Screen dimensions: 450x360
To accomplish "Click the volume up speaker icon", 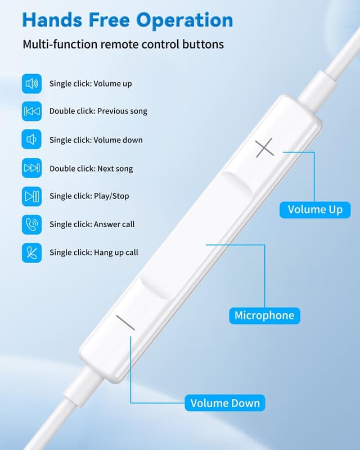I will point(31,84).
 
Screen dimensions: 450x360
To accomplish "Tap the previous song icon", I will point(31,111).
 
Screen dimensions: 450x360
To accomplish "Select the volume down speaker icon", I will point(31,139).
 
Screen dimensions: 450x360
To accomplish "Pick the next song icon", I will point(31,168).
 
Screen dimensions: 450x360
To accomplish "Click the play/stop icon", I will point(31,196).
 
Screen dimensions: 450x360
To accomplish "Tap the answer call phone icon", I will point(31,224).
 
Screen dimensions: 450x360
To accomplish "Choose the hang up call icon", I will point(31,253).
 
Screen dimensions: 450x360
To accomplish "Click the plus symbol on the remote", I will point(264,148).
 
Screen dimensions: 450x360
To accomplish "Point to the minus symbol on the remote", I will point(125,322).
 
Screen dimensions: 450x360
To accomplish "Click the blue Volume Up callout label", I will point(315,210).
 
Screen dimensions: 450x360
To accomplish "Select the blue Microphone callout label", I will point(264,315).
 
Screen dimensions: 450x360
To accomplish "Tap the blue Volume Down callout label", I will point(225,403).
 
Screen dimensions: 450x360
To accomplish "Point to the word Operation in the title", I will point(185,20).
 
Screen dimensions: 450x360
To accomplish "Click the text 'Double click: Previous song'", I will point(98,111).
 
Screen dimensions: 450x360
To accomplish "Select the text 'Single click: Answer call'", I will point(92,224).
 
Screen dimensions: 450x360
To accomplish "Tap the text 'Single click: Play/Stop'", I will point(89,196).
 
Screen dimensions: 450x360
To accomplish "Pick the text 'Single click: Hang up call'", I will point(94,253).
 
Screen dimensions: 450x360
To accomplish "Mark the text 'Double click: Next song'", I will point(91,168).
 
